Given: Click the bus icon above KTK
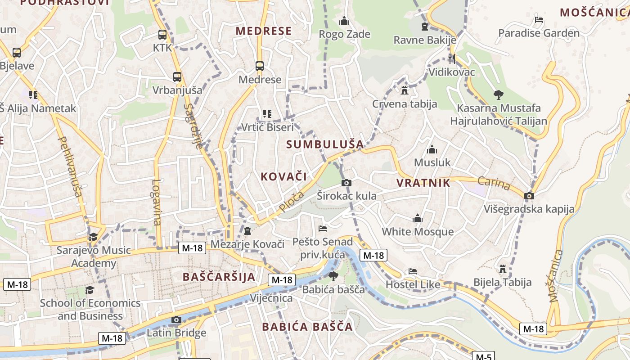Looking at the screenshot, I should tap(162, 35).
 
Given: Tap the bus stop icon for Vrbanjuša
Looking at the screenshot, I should tap(177, 77).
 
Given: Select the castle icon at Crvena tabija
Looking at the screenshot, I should tap(405, 90).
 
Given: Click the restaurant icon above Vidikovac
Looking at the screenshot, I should tap(452, 58).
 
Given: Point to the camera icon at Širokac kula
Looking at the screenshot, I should tap(346, 183).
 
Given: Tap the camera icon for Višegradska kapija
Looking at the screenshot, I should tap(529, 196).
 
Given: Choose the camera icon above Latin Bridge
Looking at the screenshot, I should tap(176, 320).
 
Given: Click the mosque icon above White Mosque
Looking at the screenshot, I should tap(418, 219).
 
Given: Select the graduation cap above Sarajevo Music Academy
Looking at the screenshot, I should tap(93, 237).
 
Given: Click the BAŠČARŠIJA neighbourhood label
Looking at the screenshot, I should tap(219, 277).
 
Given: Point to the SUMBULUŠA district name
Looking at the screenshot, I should tap(325, 144).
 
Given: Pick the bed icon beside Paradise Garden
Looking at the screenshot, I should tap(539, 20).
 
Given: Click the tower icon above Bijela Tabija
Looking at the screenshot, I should tap(503, 269).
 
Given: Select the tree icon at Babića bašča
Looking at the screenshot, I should tap(333, 276).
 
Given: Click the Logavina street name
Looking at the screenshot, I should tap(156, 202).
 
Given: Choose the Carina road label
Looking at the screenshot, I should tap(494, 184).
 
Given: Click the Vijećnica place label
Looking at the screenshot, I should tap(271, 298).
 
